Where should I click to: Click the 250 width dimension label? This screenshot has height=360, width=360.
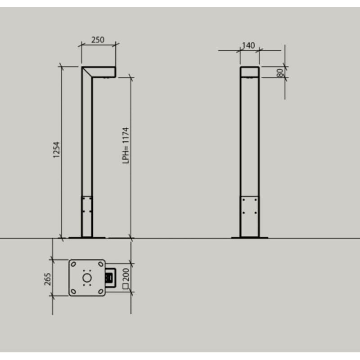pos(98,40)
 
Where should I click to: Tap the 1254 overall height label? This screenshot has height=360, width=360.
pos(57,150)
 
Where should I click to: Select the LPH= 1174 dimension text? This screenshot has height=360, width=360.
pos(126,145)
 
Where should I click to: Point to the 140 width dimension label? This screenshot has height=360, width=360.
pos(248,45)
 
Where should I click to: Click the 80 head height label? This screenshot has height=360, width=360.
pos(280,73)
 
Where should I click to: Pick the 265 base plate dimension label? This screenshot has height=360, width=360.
pos(48,279)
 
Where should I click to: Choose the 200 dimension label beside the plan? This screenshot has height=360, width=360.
pos(126,274)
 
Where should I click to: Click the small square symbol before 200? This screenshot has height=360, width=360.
pos(126,286)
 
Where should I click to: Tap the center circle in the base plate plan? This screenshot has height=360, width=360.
pos(87,278)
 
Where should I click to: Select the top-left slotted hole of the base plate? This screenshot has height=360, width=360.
pos(73,264)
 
